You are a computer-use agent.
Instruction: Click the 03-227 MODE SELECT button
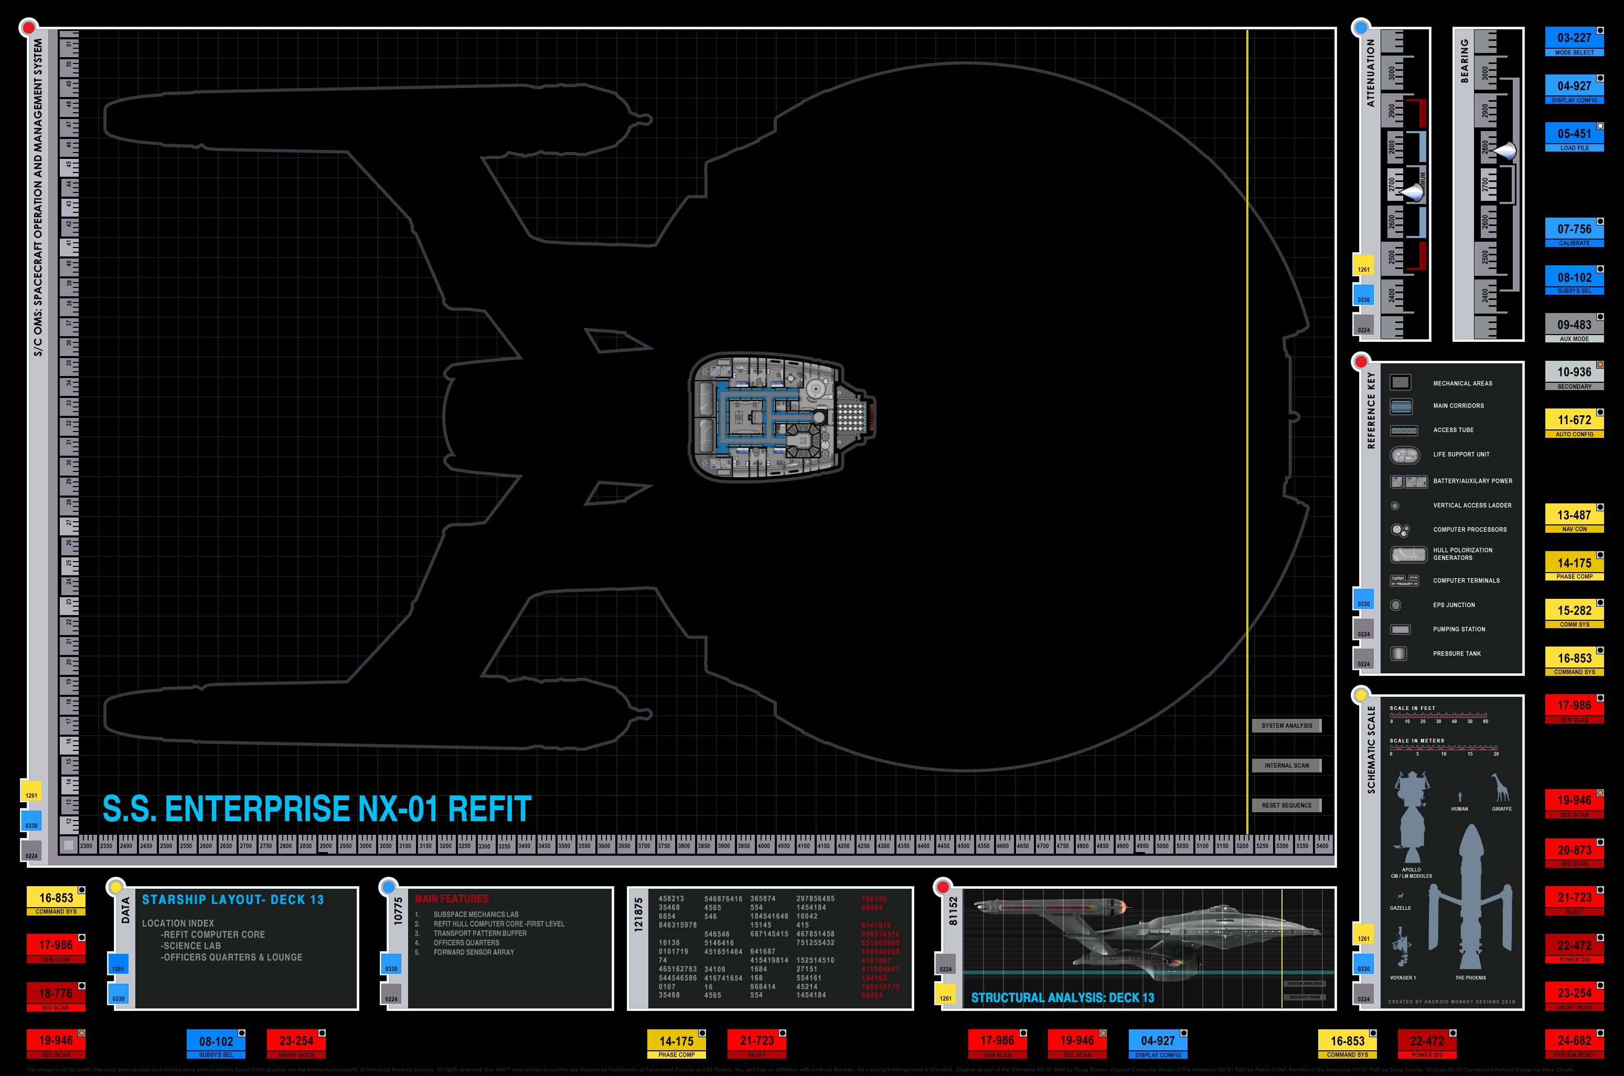(x=1574, y=41)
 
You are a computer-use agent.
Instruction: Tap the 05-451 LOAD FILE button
(x=1574, y=136)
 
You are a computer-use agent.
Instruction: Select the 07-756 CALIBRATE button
(x=1574, y=232)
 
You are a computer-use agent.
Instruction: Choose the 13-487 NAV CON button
(x=1574, y=518)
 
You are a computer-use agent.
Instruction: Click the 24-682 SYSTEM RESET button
(x=1574, y=1043)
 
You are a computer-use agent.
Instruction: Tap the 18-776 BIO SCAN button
(x=56, y=996)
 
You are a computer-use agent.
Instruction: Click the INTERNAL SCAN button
(x=1286, y=765)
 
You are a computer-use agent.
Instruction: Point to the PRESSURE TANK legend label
(x=1457, y=653)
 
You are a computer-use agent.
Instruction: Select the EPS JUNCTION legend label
(x=1454, y=605)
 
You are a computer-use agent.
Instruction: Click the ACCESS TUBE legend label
(x=1453, y=429)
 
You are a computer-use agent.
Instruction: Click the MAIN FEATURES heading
(x=452, y=899)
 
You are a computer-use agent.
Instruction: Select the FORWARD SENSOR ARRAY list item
(x=474, y=952)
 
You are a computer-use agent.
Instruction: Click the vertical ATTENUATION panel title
(x=1371, y=72)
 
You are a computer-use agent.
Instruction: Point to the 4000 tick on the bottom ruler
(x=763, y=845)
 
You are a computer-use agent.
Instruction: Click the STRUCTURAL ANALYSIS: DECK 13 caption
(x=1062, y=997)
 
